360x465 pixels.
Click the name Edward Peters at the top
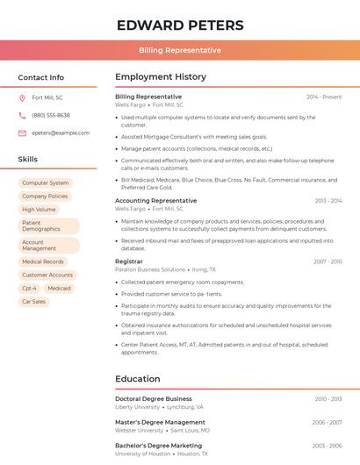(179, 25)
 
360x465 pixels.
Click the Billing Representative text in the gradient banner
(179, 50)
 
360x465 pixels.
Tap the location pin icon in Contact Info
(22, 97)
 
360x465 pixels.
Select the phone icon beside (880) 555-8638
(22, 115)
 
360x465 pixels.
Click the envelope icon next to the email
(22, 132)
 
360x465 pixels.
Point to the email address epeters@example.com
(61, 132)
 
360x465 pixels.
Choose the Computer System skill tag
(46, 182)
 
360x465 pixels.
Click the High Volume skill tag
(39, 209)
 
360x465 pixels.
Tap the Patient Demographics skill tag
(41, 226)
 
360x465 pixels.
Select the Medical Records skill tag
(43, 261)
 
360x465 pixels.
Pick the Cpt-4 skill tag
(29, 288)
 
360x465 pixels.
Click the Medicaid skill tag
(60, 288)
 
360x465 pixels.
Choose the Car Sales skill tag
(34, 301)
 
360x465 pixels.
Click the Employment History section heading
(161, 77)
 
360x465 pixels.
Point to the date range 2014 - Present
(324, 97)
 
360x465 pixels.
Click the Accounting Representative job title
(155, 201)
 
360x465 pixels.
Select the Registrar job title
(128, 261)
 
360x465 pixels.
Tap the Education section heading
(137, 379)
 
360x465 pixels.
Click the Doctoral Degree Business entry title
(153, 398)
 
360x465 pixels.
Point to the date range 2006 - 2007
(327, 422)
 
